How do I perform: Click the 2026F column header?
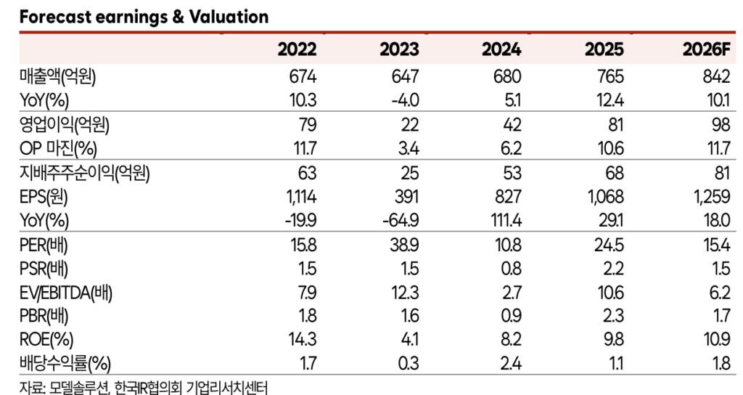pyautogui.click(x=706, y=49)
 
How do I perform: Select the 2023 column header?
pyautogui.click(x=399, y=49)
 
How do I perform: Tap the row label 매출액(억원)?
pyautogui.click(x=57, y=77)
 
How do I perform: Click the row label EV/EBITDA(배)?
pyautogui.click(x=66, y=293)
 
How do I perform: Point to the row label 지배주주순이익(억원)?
pyautogui.click(x=84, y=173)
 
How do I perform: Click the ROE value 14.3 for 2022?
pyautogui.click(x=303, y=340)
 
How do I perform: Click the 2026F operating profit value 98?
pyautogui.click(x=721, y=125)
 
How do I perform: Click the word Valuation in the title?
pyautogui.click(x=229, y=17)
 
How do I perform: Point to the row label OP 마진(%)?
pyautogui.click(x=58, y=149)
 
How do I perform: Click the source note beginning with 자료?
pyautogui.click(x=143, y=387)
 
